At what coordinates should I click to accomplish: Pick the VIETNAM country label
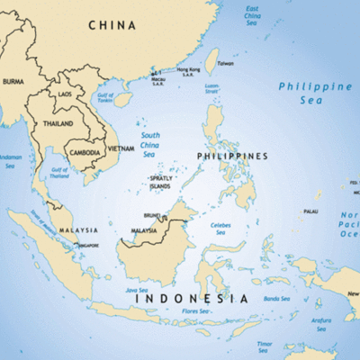(x=121, y=148)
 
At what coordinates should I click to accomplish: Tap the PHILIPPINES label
(x=232, y=156)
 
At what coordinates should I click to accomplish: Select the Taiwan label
(x=225, y=63)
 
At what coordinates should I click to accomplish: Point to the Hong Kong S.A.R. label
(x=189, y=72)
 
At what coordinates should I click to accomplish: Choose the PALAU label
(x=310, y=211)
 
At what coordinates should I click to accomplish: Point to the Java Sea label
(x=137, y=291)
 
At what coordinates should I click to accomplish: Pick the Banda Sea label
(x=275, y=298)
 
